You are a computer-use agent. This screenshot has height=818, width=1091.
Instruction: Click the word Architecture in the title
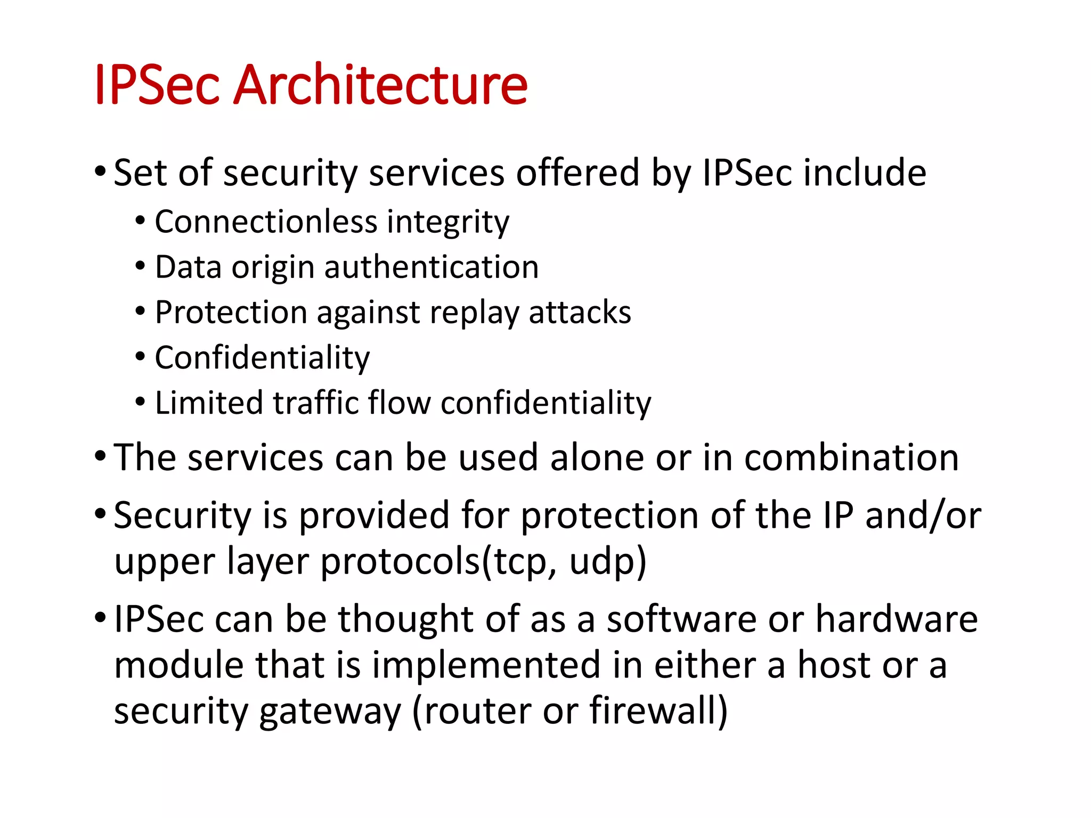(380, 84)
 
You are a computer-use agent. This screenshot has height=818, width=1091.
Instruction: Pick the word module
(179, 665)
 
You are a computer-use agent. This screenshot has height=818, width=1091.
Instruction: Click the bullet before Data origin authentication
(140, 266)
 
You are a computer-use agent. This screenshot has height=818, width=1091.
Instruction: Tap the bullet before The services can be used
(100, 456)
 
